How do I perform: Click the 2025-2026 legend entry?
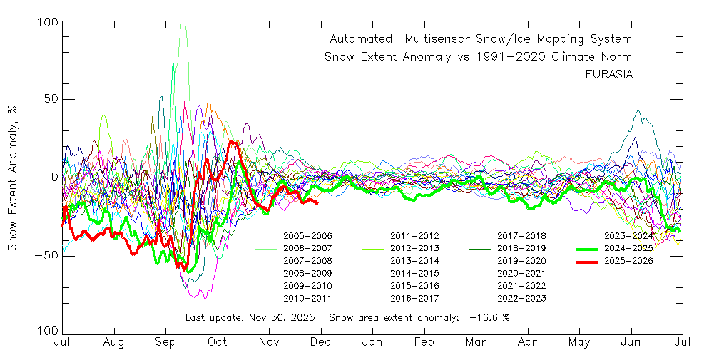[628, 261]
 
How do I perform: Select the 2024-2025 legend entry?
[628, 248]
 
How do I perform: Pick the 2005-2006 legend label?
[307, 235]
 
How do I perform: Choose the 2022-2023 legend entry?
[521, 298]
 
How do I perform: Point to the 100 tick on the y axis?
[46, 22]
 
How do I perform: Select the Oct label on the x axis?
[217, 343]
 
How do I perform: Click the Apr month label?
[528, 343]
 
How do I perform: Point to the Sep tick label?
[165, 343]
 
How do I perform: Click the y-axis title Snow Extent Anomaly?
[12, 177]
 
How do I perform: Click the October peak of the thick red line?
[231, 141]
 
